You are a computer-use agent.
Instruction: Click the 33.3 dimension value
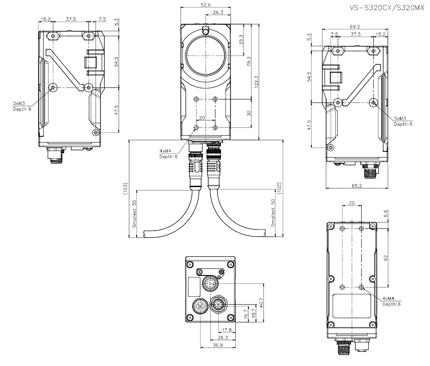click(x=241, y=40)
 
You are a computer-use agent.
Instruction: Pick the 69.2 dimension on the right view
click(x=355, y=27)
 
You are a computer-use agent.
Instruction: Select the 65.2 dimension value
click(x=357, y=186)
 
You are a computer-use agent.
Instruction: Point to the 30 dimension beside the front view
click(x=249, y=113)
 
